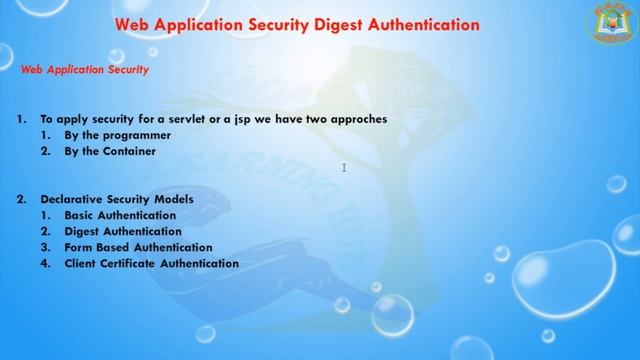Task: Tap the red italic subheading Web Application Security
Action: [x=85, y=70]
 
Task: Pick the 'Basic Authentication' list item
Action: [x=120, y=215]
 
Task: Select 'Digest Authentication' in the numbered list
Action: [x=123, y=231]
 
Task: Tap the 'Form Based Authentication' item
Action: [x=138, y=247]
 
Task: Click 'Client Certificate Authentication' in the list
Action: [x=151, y=263]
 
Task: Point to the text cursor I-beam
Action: [x=343, y=168]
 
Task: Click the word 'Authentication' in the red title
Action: [x=411, y=23]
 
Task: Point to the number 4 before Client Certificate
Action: [x=46, y=263]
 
